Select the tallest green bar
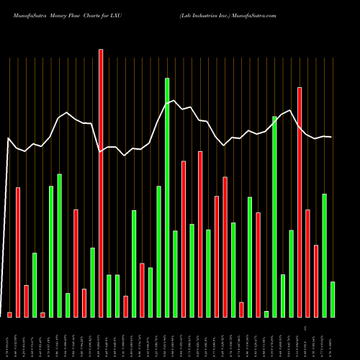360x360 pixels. (167, 197)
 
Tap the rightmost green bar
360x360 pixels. (333, 299)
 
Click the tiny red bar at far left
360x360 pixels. (9, 314)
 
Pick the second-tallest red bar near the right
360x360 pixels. (300, 202)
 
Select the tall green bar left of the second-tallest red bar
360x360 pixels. (274, 216)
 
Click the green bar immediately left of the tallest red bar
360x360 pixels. (92, 282)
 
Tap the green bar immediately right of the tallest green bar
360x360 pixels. (175, 274)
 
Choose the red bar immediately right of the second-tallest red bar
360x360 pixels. (307, 263)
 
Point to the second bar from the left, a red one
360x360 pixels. (18, 252)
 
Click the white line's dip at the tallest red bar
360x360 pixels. (101, 151)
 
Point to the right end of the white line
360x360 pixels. (331, 137)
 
